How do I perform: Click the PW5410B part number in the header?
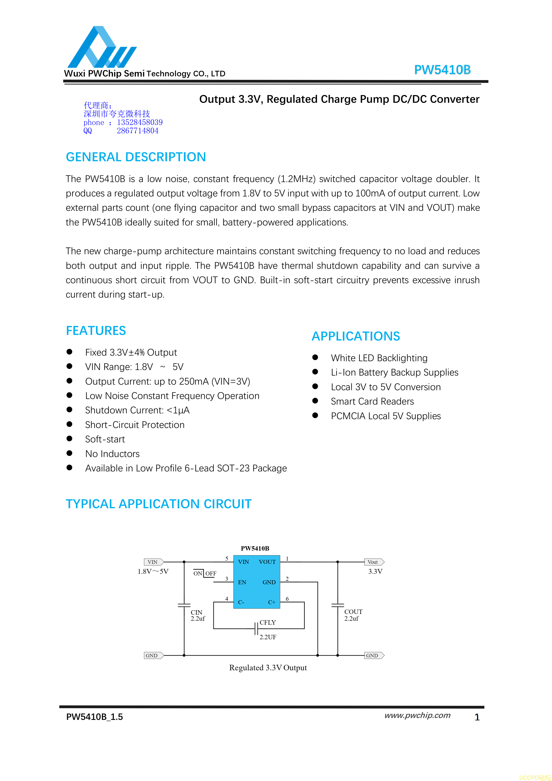[x=442, y=70]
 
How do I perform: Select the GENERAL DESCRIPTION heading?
[x=136, y=157]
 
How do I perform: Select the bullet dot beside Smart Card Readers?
[x=315, y=401]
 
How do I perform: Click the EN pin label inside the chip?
[x=242, y=582]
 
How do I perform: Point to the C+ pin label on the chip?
[x=271, y=602]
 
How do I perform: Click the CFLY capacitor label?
[x=268, y=623]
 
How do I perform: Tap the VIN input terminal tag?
[x=153, y=562]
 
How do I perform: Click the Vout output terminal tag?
[x=373, y=562]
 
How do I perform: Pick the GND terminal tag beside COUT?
[x=373, y=655]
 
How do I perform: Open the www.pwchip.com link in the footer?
[x=417, y=715]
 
